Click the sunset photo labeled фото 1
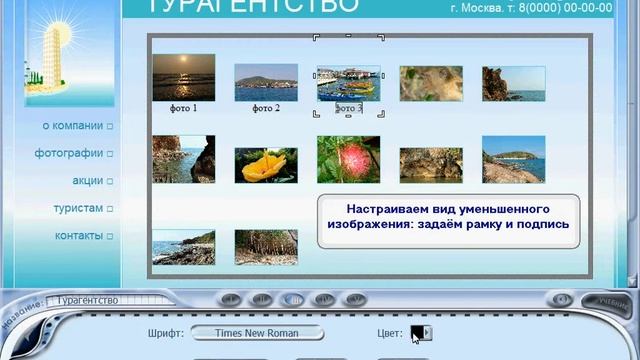[x=183, y=77]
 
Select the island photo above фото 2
[x=265, y=82]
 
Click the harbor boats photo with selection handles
[x=348, y=82]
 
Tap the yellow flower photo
[x=265, y=165]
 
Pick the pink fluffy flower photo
[x=348, y=159]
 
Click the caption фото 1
[x=183, y=108]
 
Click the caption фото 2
[x=265, y=108]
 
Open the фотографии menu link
[x=69, y=153]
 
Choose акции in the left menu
[x=87, y=181]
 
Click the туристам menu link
[x=78, y=208]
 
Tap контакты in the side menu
[x=78, y=236]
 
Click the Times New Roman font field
[x=257, y=333]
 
